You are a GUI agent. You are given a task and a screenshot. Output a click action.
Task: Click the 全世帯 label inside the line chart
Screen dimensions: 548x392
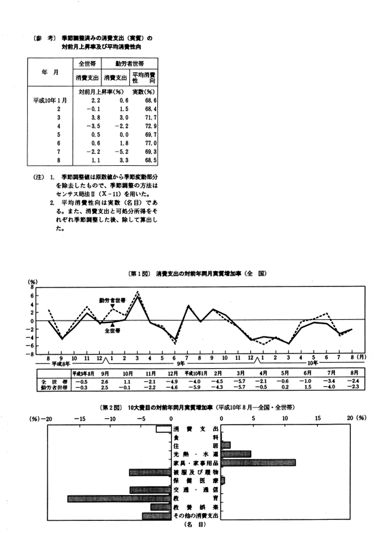[113, 330]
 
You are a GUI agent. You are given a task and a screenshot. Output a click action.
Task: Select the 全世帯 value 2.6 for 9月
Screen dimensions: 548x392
[105, 381]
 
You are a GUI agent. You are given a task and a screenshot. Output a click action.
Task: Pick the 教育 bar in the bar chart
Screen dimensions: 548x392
[119, 498]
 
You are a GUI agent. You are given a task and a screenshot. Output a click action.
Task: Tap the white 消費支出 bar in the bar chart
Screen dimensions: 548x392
[164, 429]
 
